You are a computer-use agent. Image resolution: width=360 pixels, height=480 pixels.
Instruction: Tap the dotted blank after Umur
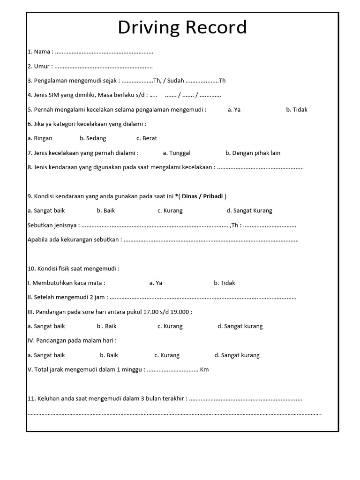[x=104, y=67]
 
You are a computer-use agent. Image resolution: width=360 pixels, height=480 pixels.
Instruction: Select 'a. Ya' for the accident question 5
[x=234, y=110]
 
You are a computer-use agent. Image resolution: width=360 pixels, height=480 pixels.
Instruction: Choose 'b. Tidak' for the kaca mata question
[x=225, y=283]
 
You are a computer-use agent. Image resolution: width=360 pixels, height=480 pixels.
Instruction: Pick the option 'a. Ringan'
[x=40, y=138]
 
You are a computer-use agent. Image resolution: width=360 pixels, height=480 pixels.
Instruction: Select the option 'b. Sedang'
[x=93, y=138]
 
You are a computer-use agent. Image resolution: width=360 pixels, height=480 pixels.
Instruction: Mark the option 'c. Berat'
[x=147, y=138]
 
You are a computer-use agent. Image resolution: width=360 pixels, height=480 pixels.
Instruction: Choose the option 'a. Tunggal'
[x=177, y=153]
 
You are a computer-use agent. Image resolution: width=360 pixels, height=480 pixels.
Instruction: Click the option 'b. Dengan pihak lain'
[x=253, y=153]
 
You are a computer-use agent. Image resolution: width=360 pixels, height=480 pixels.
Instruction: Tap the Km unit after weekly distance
[x=204, y=369]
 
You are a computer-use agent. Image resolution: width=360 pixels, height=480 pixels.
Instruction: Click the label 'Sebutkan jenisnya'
[x=52, y=225]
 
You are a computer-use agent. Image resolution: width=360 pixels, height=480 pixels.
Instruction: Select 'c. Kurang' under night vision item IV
[x=167, y=355]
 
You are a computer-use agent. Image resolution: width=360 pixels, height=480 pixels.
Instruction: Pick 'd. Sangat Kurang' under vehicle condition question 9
[x=249, y=210]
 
